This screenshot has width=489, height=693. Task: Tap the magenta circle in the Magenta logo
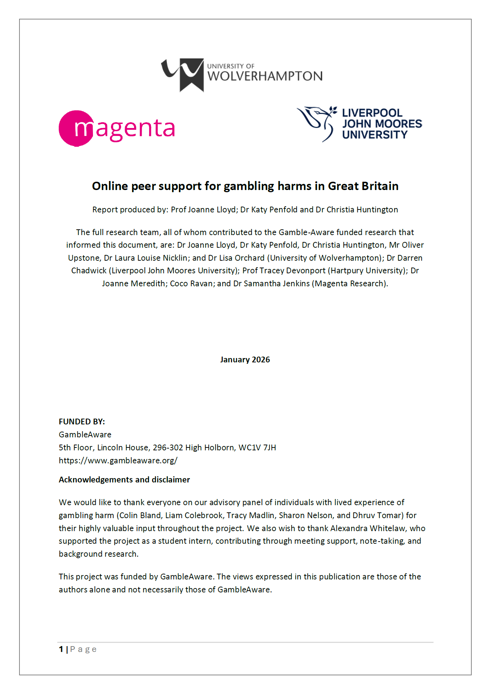tap(76, 128)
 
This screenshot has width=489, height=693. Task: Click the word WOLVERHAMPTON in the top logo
tap(265, 76)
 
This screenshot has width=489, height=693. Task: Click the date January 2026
tap(245, 360)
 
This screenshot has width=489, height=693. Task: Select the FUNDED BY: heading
tap(82, 421)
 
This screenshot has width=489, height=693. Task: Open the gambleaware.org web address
tap(118, 460)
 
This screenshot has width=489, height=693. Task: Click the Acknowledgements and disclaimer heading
tap(124, 480)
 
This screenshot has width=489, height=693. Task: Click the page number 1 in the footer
tap(61, 649)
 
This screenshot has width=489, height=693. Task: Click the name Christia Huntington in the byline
tap(357, 209)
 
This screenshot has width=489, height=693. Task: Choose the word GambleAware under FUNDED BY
tap(85, 434)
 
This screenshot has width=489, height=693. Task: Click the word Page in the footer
tap(83, 649)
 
